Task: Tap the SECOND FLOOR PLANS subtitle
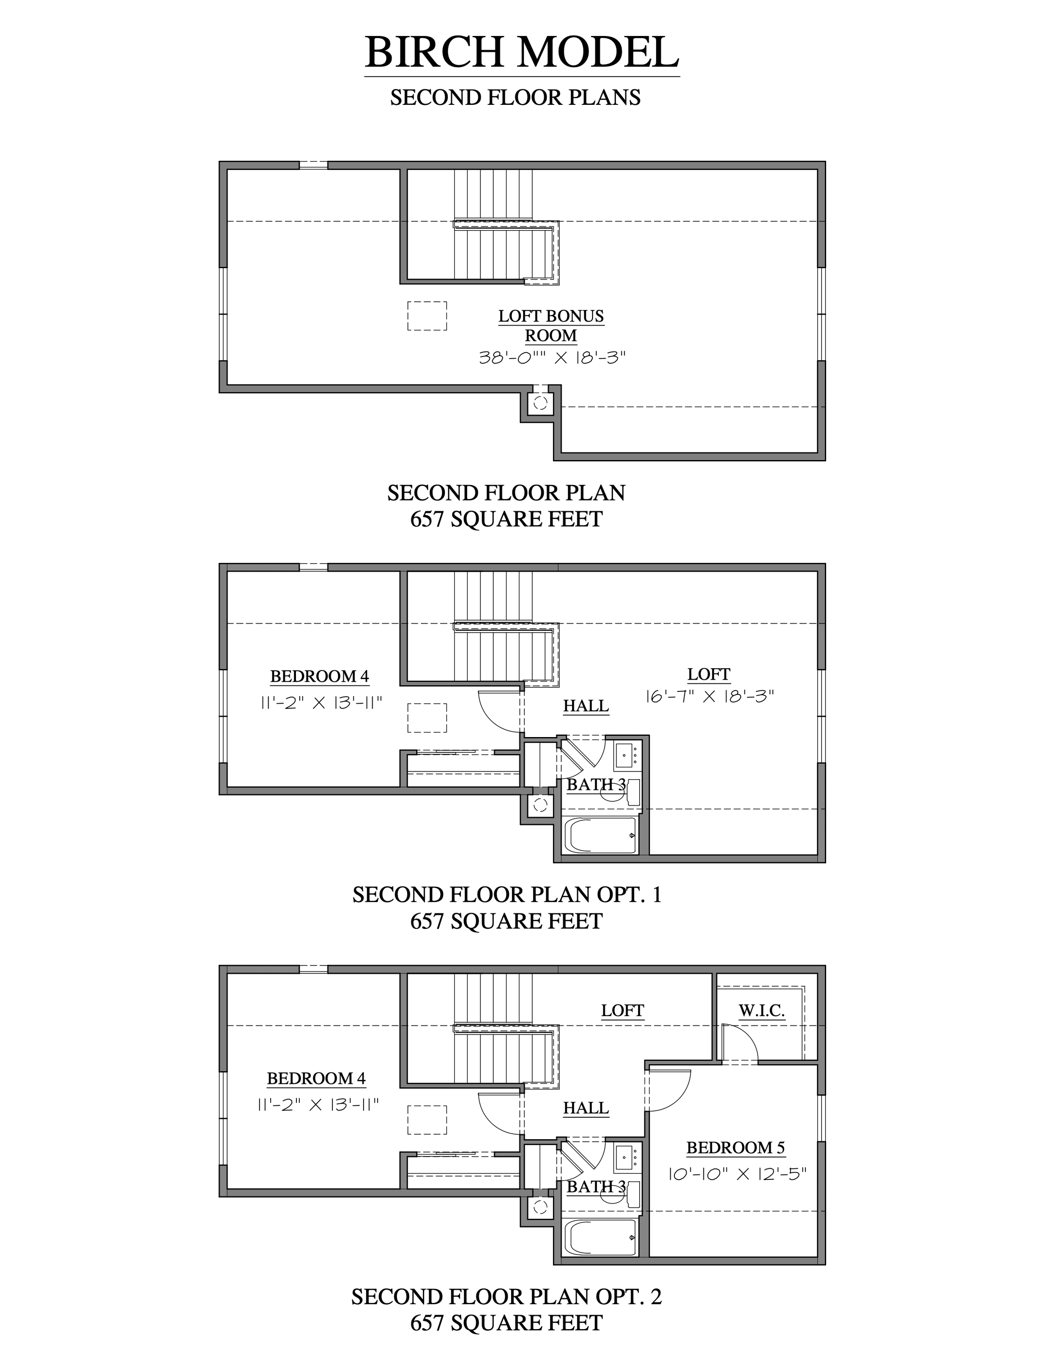(515, 98)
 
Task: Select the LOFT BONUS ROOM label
(551, 326)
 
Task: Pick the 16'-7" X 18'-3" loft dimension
(710, 696)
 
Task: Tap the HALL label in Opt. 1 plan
(586, 706)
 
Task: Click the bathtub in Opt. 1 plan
(600, 835)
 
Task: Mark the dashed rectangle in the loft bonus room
(427, 316)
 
